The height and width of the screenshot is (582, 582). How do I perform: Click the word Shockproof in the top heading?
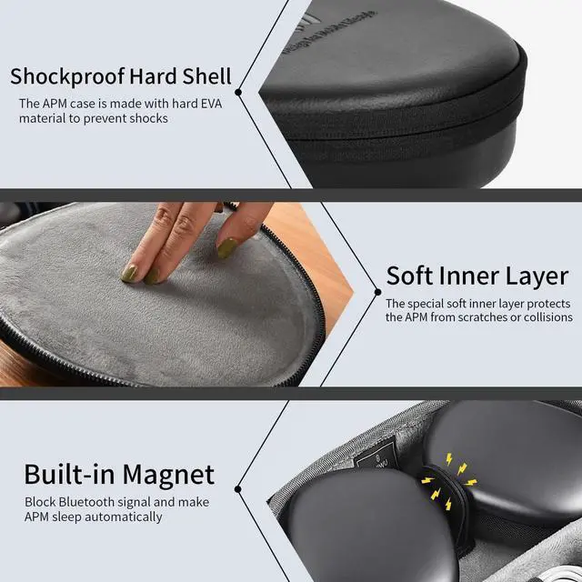[67, 76]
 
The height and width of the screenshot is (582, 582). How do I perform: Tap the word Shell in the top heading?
[206, 75]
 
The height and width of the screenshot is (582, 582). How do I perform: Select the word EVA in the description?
[211, 104]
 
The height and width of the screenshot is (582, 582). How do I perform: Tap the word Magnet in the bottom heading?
[168, 475]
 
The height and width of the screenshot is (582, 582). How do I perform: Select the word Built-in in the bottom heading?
[69, 474]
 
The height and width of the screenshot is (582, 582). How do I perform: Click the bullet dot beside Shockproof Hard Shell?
[238, 92]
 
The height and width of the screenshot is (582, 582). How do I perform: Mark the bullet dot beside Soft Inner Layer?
[378, 292]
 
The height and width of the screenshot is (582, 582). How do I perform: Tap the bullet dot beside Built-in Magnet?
[238, 489]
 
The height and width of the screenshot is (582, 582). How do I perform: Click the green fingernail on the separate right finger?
[226, 247]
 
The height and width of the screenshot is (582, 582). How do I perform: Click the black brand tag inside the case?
[376, 456]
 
